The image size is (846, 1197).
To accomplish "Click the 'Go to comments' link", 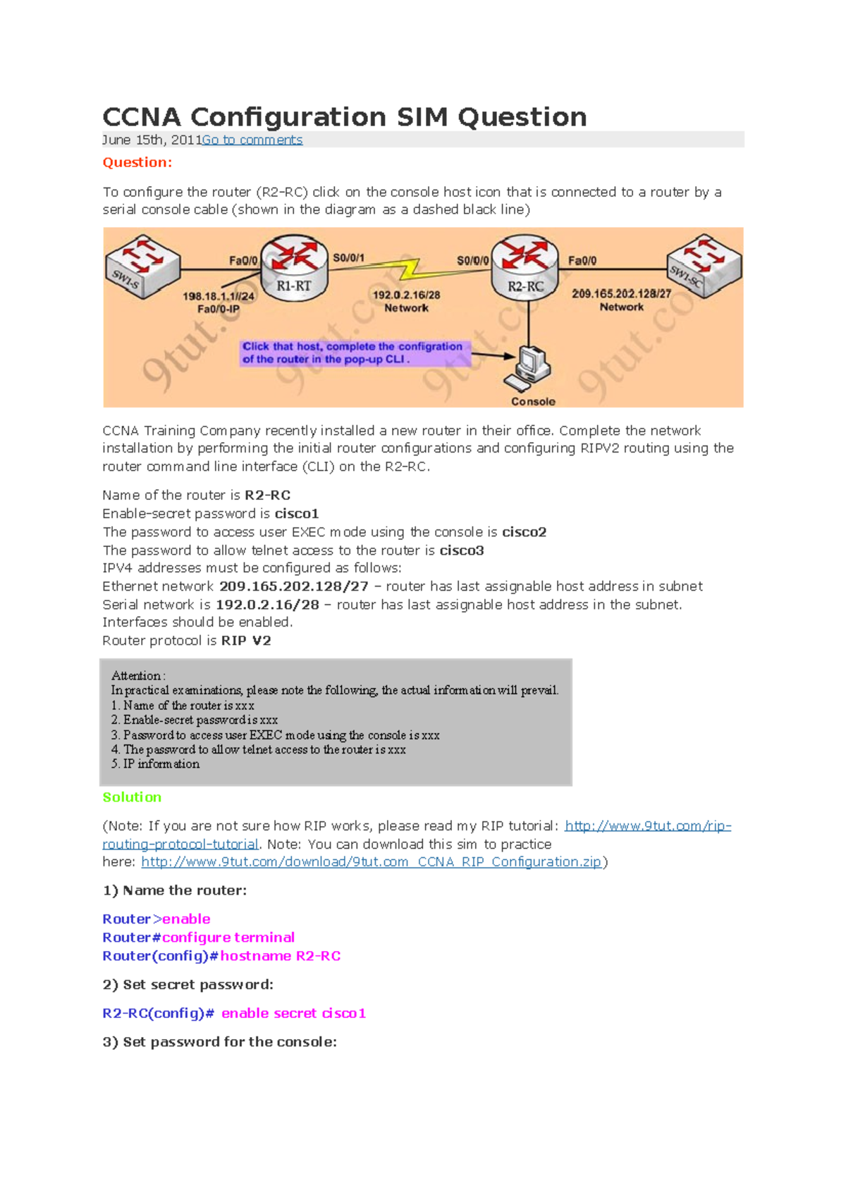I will [252, 140].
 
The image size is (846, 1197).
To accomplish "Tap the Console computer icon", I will [529, 368].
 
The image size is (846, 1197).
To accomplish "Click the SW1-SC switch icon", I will [704, 266].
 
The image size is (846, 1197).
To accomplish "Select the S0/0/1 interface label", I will [348, 258].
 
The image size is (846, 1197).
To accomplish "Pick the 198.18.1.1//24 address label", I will [218, 296].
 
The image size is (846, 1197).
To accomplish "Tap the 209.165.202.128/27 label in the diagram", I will [621, 293].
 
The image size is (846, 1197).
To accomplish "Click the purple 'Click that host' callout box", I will [352, 352].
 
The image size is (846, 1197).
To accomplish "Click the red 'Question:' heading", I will [137, 162].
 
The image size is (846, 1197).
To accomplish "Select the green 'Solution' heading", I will [132, 797].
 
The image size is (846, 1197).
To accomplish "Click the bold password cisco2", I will [524, 532].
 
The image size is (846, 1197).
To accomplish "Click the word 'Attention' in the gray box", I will [136, 675].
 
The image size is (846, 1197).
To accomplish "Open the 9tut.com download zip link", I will [371, 861].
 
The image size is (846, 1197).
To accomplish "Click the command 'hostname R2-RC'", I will [281, 956].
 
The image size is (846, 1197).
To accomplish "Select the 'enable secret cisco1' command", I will [294, 1013].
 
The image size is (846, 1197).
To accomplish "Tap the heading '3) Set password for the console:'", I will [219, 1042].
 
